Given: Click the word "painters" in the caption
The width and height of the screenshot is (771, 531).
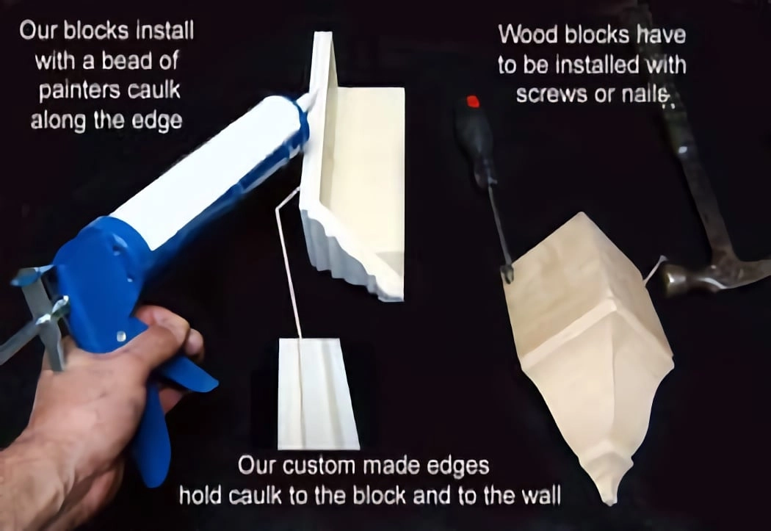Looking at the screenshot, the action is click(x=79, y=91).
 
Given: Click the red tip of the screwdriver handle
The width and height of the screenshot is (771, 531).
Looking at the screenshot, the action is click(x=473, y=101).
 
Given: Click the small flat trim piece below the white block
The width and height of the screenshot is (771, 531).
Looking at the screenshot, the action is click(x=318, y=394).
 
